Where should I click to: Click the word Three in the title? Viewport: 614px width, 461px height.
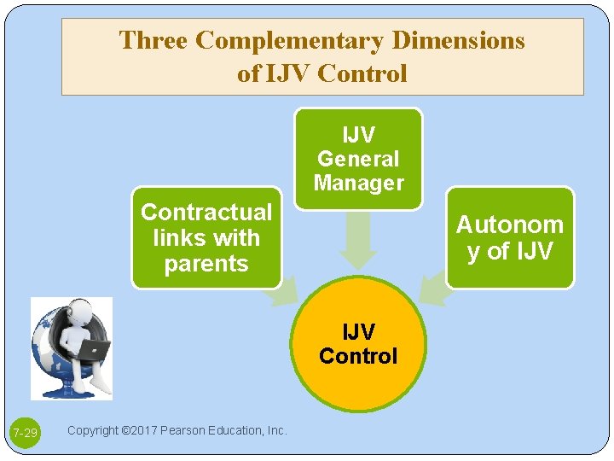153,40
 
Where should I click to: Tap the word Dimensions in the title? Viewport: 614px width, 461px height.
458,40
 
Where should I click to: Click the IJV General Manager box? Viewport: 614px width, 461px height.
358,159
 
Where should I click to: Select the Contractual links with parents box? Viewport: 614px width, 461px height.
206,237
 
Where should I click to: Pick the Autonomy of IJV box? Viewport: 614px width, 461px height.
510,237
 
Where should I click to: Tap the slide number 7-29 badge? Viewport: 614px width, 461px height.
25,434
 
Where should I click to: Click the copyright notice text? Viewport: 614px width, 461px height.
177,430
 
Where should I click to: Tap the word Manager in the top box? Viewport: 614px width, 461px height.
358,183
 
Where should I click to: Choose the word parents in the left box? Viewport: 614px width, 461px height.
206,264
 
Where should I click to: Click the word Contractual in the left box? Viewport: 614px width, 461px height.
206,212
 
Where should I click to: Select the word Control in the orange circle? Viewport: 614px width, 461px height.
358,356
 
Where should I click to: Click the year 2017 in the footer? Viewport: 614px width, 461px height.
135,430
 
